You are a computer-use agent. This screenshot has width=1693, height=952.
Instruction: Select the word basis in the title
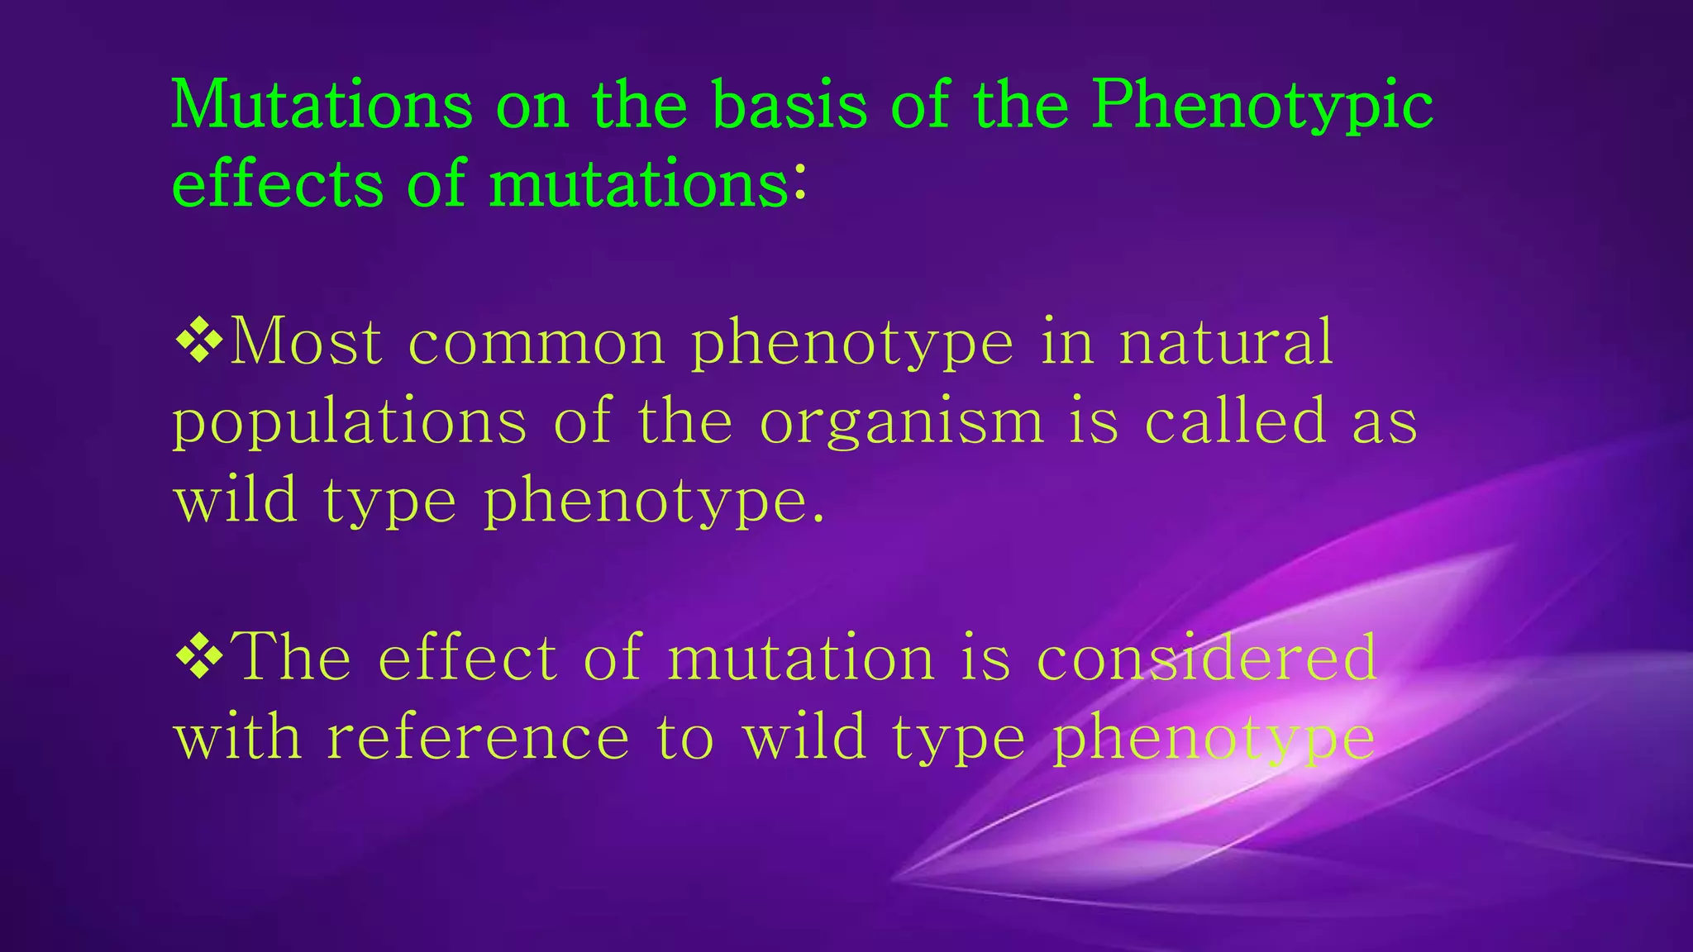click(x=789, y=106)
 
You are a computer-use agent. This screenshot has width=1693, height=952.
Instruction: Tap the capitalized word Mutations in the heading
click(x=322, y=106)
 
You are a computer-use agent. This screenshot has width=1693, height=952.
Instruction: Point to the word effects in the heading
click(x=277, y=183)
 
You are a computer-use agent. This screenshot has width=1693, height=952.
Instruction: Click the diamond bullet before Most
click(x=199, y=340)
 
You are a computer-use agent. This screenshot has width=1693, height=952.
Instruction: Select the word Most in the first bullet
click(x=305, y=341)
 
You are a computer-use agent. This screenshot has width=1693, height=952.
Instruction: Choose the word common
click(x=537, y=343)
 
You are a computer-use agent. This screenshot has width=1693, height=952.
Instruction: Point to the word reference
click(x=478, y=737)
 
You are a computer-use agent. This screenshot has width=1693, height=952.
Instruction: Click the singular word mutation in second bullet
click(x=800, y=658)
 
